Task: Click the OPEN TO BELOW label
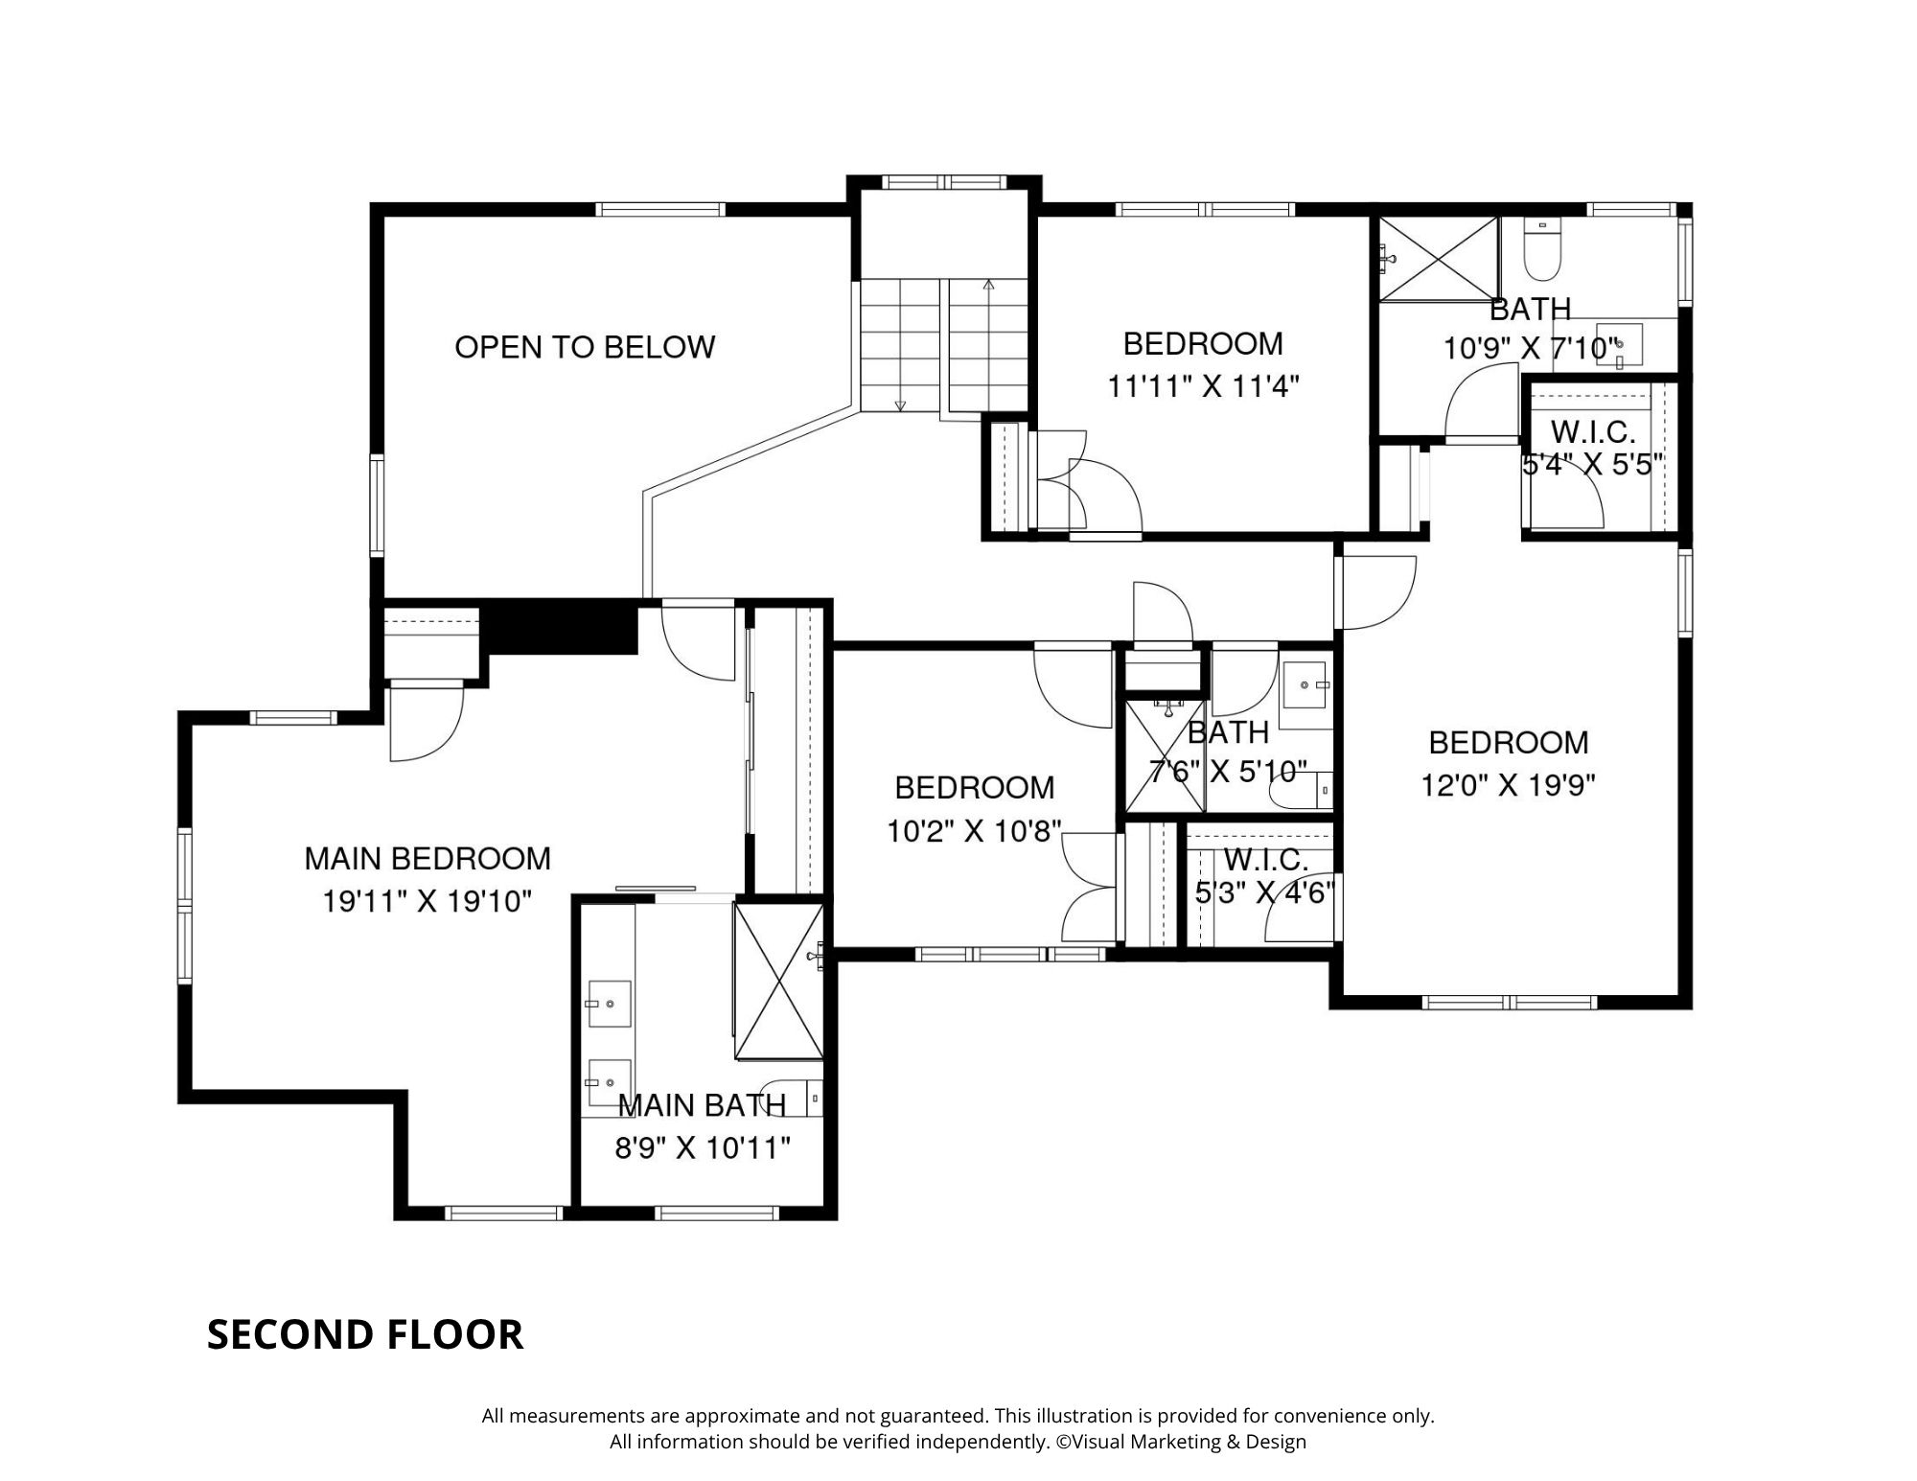585,346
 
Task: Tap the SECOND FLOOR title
365,1334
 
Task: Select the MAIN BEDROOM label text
427,858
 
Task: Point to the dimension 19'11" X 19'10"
427,901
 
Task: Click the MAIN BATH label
702,1105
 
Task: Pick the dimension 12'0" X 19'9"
1508,786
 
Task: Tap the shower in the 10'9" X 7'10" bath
1439,259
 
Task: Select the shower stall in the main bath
778,981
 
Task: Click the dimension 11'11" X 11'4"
1203,386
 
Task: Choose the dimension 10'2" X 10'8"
974,830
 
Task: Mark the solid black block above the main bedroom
562,627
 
